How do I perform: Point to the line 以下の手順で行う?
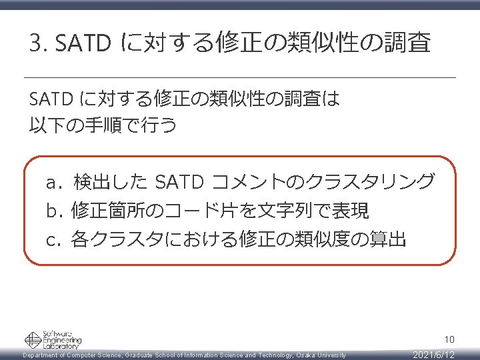tap(103, 125)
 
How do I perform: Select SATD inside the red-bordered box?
tap(179, 181)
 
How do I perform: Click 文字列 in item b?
tap(281, 211)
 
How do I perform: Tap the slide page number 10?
tap(449, 340)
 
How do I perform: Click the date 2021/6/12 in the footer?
tap(433, 355)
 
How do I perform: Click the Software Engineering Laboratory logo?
tap(53, 340)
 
